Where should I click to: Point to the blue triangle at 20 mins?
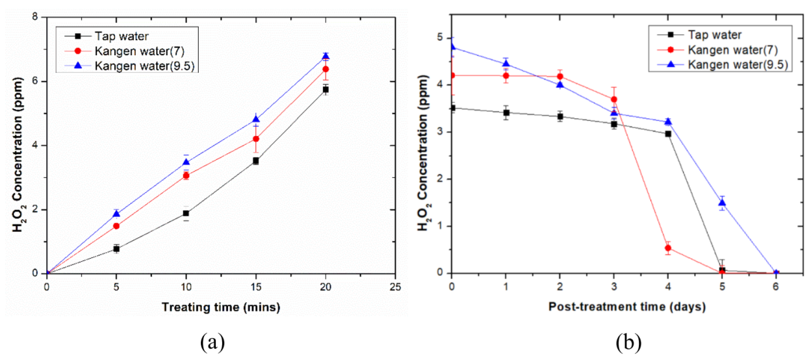pos(326,56)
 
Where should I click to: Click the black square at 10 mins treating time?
pos(186,213)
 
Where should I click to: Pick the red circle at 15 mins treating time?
pos(256,138)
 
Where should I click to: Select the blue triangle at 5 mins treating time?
pos(116,214)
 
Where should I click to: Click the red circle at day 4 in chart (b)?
pos(668,248)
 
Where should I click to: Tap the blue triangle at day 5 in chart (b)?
pos(722,203)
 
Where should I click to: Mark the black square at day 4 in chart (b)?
pos(668,134)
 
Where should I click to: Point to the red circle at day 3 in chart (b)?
pos(614,99)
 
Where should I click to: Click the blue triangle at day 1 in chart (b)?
pos(506,64)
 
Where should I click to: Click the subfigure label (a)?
pos(214,341)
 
